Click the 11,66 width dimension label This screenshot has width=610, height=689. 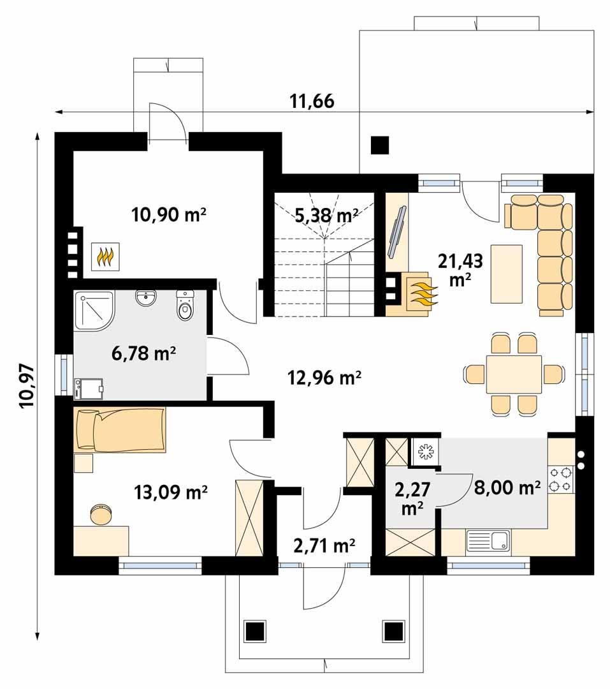[312, 101]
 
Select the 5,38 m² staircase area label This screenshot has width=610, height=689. [326, 216]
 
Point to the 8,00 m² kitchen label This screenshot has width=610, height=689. [507, 488]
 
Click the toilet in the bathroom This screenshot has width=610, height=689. [185, 307]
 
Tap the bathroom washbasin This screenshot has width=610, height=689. [147, 299]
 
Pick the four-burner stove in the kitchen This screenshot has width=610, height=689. [562, 480]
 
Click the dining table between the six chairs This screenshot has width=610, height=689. [514, 374]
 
